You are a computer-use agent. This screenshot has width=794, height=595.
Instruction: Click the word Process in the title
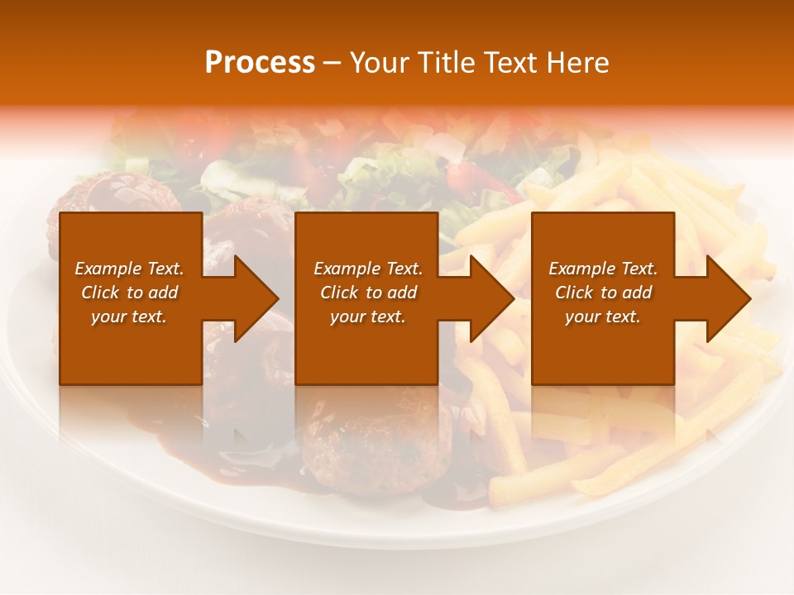(260, 63)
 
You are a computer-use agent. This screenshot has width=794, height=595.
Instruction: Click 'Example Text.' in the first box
(129, 269)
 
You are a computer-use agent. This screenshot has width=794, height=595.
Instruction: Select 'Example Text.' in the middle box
(367, 269)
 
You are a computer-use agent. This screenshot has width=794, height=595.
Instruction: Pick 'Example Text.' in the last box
(603, 269)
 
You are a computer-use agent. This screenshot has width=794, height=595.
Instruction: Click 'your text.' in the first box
(129, 317)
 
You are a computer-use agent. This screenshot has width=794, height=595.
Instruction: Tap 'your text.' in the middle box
(367, 317)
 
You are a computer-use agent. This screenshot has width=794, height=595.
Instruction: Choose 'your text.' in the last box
(603, 317)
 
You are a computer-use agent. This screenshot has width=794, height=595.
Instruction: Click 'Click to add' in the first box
(129, 293)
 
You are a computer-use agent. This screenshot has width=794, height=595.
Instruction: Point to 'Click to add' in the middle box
(367, 293)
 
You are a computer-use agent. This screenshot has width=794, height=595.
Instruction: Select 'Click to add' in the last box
(603, 293)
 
